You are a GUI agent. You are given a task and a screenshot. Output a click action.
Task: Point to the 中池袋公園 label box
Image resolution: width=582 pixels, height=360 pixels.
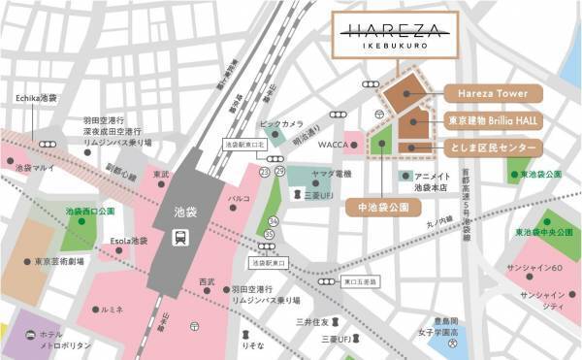(x=383, y=208)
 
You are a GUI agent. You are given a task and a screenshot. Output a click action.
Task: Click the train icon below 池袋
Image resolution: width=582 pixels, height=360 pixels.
(x=180, y=236)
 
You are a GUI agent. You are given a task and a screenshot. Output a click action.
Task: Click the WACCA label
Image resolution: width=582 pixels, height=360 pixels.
(x=332, y=147)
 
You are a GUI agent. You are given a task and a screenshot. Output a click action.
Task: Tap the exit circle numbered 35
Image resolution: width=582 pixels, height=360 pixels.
(x=269, y=234)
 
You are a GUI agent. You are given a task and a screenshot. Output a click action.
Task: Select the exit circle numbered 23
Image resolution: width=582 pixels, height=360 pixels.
(x=264, y=171)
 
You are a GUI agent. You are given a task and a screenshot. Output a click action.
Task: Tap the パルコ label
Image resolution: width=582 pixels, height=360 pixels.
(x=239, y=199)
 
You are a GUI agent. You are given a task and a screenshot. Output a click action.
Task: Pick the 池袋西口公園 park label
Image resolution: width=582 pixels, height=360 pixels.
(x=90, y=211)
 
